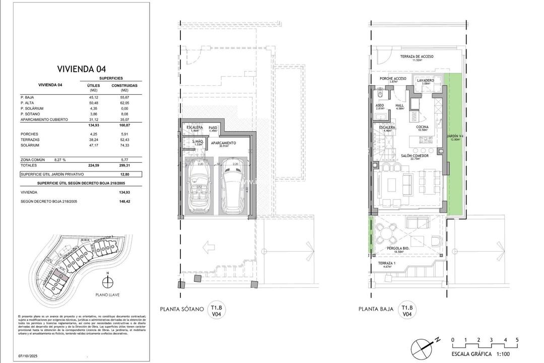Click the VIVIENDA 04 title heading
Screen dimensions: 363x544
coord(82,69)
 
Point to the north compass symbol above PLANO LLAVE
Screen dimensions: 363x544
coord(106,281)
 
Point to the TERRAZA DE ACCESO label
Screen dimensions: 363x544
coord(416,57)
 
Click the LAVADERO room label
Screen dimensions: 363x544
coord(425,80)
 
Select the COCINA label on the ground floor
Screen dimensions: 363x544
coord(422,128)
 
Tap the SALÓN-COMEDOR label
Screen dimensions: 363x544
coord(415,157)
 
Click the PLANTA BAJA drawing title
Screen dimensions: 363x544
coord(375,310)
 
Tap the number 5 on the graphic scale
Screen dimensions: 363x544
coord(517,340)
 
